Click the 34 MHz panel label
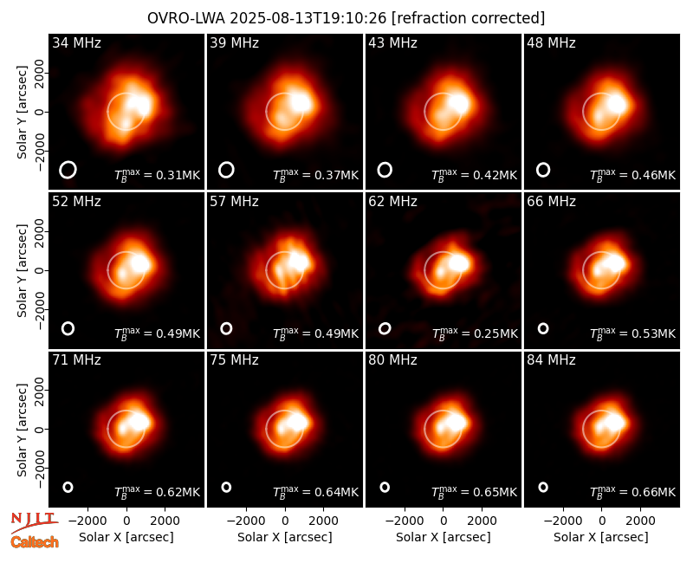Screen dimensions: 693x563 click(x=76, y=42)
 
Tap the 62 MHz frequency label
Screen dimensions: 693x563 click(x=393, y=202)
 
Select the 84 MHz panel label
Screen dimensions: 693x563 click(x=551, y=360)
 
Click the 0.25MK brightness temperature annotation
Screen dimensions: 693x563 click(x=475, y=333)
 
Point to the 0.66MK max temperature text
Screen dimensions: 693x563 click(x=633, y=491)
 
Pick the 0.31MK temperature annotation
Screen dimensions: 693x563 click(x=158, y=174)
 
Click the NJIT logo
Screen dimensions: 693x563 click(x=34, y=521)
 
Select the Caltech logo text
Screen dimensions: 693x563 click(x=35, y=542)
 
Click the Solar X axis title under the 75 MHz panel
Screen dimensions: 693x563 click(x=285, y=537)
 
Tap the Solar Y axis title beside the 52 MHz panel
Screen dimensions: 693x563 click(x=22, y=270)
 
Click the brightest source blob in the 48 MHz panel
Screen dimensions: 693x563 click(x=617, y=104)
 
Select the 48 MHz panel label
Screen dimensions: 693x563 click(x=551, y=42)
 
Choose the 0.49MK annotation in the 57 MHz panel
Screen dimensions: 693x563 click(x=315, y=333)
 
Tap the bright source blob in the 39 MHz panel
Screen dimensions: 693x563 click(x=301, y=103)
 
